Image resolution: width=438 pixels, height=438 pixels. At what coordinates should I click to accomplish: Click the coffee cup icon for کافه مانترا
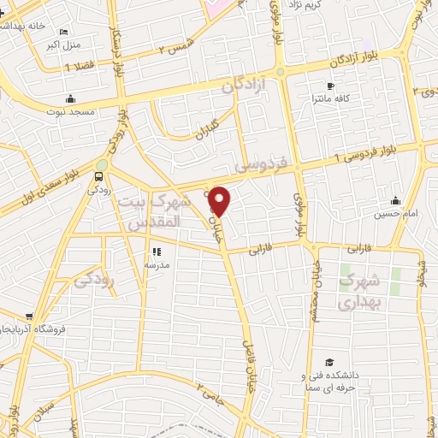[x=330, y=86]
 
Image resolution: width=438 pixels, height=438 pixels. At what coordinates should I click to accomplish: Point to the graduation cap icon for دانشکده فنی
[x=329, y=363]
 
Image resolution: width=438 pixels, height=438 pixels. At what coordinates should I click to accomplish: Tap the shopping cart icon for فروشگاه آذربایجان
[x=30, y=317]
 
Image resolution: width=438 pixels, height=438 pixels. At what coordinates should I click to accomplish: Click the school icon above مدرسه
[x=156, y=252]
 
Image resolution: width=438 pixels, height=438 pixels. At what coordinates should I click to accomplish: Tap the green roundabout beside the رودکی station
[x=103, y=165]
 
